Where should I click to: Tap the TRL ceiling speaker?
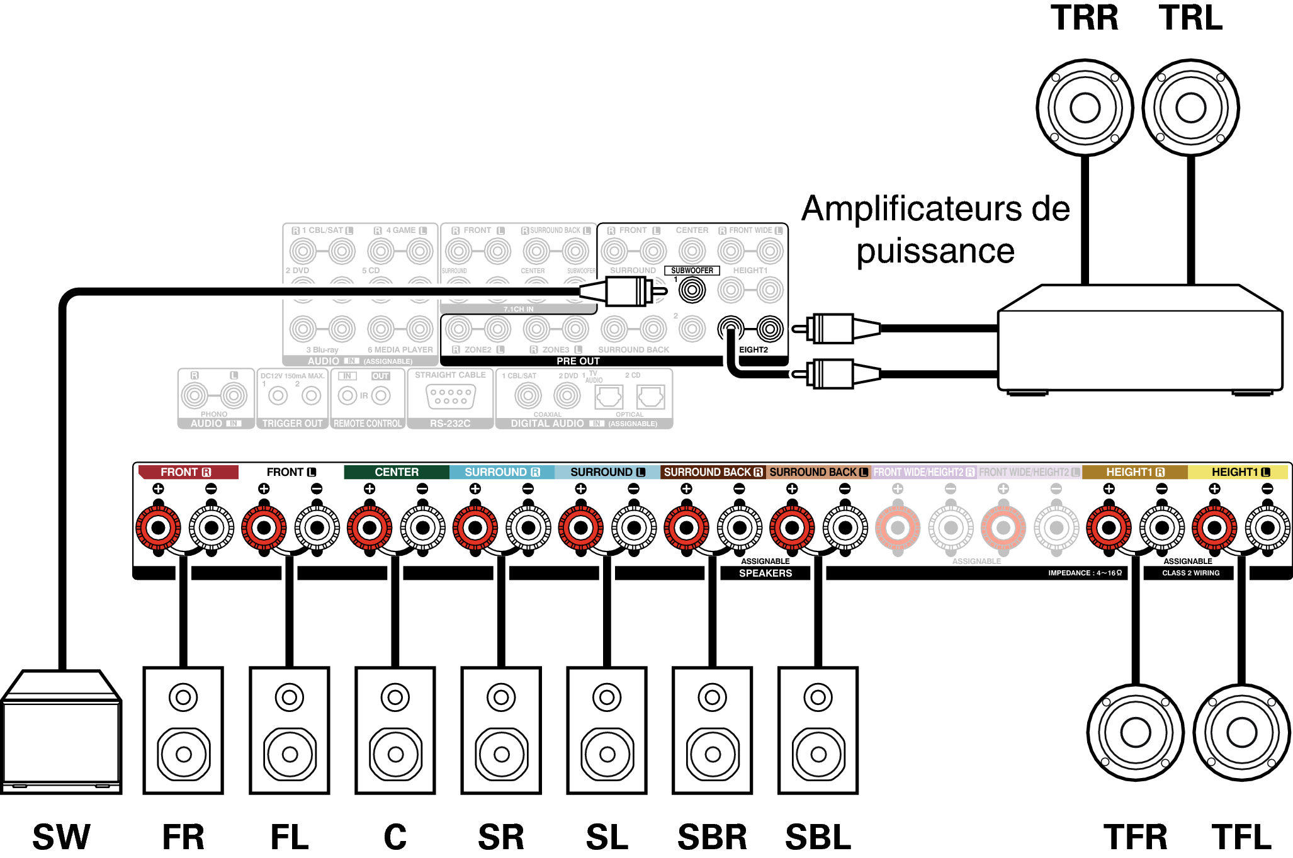coord(1190,108)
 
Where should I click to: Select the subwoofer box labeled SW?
coord(61,733)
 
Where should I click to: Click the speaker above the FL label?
coord(290,730)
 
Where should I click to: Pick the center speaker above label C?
coord(395,730)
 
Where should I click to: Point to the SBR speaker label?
coord(712,837)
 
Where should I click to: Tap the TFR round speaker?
coord(1136,732)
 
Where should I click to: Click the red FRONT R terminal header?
coord(188,472)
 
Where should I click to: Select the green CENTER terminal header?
coord(396,472)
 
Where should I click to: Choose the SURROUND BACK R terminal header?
coord(713,472)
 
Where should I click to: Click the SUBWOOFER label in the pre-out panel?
coord(692,271)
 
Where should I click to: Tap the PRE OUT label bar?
coord(578,361)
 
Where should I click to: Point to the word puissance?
coord(935,252)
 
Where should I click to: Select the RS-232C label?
coord(450,424)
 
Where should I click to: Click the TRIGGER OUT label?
coord(292,424)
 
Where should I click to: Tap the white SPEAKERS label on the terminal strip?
coord(765,573)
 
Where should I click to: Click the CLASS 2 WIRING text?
coord(1190,573)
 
